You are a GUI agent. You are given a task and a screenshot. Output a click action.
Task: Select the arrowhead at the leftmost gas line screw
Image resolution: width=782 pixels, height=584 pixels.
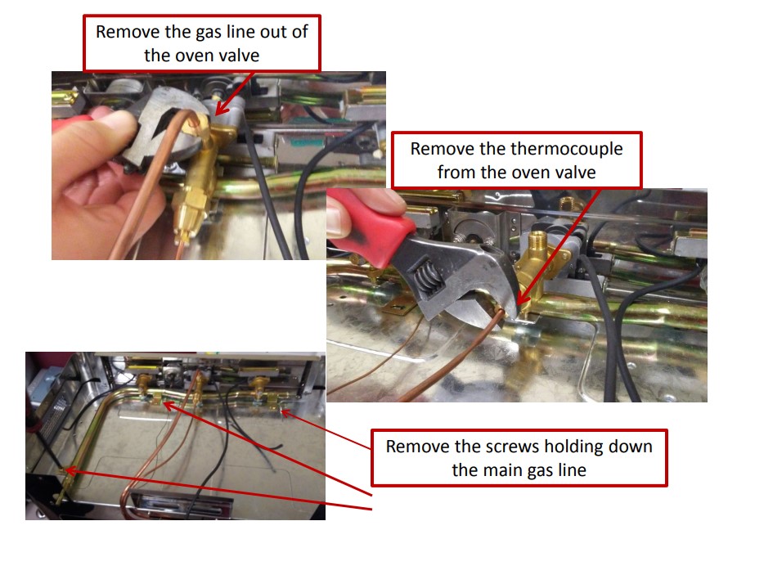point(68,470)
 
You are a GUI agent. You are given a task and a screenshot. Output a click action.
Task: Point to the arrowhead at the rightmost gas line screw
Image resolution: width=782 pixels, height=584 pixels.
point(282,412)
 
